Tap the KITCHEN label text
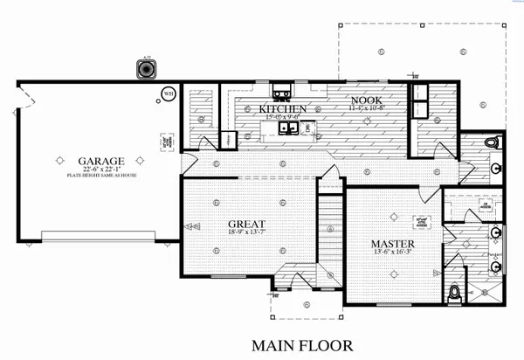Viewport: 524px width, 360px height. coord(283,109)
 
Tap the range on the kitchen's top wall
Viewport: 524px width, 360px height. coord(284,92)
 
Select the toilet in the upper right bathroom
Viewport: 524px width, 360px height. coord(490,142)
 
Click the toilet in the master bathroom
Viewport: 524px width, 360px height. coord(454,293)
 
